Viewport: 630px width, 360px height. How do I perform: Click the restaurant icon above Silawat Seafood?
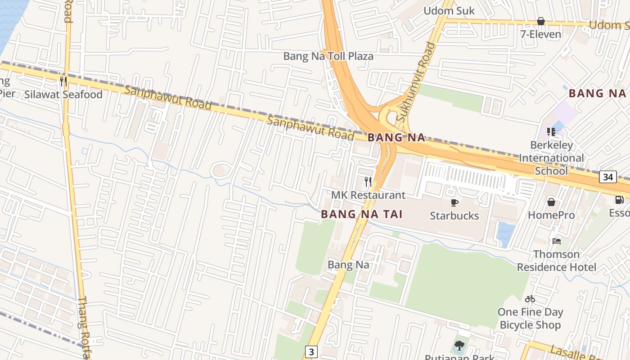63,81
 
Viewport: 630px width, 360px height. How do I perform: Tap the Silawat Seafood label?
63,94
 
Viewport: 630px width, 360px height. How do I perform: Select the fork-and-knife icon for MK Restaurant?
368,182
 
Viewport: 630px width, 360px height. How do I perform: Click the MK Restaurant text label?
368,195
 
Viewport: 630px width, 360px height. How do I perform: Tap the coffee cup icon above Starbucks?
454,202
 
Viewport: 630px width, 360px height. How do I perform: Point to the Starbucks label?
454,216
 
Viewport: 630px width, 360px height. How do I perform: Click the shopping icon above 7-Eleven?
540,21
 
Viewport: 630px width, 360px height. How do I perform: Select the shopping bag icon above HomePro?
551,202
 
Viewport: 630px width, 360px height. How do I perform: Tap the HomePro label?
551,215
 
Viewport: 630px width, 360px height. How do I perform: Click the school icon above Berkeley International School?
551,132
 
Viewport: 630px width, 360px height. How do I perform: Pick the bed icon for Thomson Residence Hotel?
557,241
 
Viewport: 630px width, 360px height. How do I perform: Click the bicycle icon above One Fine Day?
530,298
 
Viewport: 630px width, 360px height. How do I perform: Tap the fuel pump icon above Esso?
620,199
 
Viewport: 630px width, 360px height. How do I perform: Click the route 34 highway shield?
607,177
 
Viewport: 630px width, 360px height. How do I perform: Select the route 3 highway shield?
311,351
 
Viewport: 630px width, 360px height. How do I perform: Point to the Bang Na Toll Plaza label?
328,56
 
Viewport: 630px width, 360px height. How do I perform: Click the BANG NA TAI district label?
361,214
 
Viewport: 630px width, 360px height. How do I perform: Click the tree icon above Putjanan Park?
459,346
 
